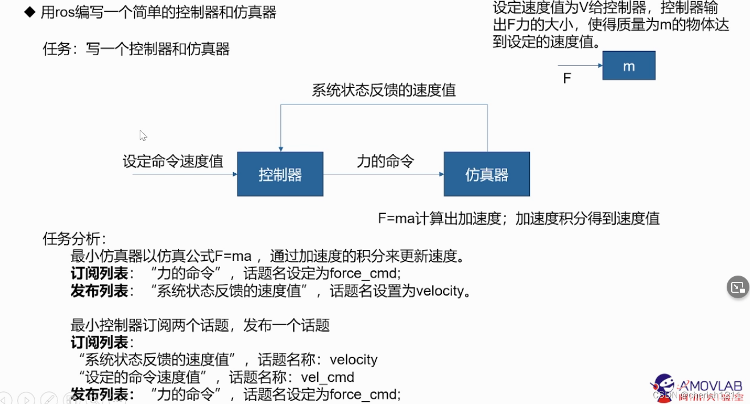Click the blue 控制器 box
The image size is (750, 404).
pos(280,174)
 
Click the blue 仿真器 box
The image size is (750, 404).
pos(486,174)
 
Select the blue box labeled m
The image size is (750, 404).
pos(628,65)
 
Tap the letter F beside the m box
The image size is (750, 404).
pos(567,78)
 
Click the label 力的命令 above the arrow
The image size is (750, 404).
pos(385,161)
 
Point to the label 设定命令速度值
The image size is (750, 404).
pos(173,161)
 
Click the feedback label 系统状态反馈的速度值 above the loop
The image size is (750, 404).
pos(383,90)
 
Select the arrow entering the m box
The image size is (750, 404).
pos(580,65)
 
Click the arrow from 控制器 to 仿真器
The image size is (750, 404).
pos(383,174)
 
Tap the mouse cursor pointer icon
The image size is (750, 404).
pos(143,135)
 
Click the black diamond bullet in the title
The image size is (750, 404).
pos(30,12)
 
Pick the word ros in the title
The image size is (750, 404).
pos(65,13)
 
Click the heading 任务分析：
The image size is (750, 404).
pos(74,238)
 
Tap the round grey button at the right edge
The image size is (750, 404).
pos(738,287)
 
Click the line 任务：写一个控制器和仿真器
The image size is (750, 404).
pos(136,49)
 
